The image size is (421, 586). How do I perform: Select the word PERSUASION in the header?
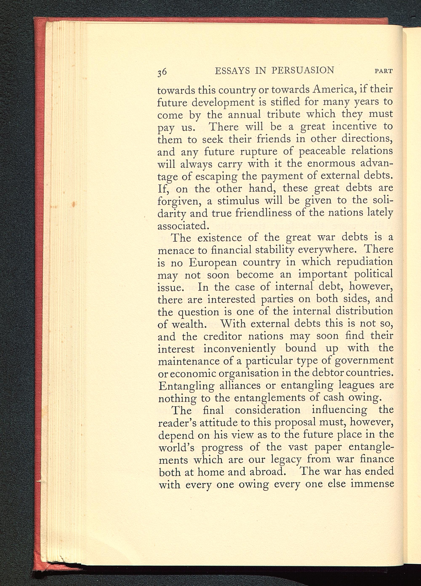click(x=303, y=70)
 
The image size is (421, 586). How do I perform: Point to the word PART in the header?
click(x=384, y=71)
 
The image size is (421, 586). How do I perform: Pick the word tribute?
click(x=284, y=114)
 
